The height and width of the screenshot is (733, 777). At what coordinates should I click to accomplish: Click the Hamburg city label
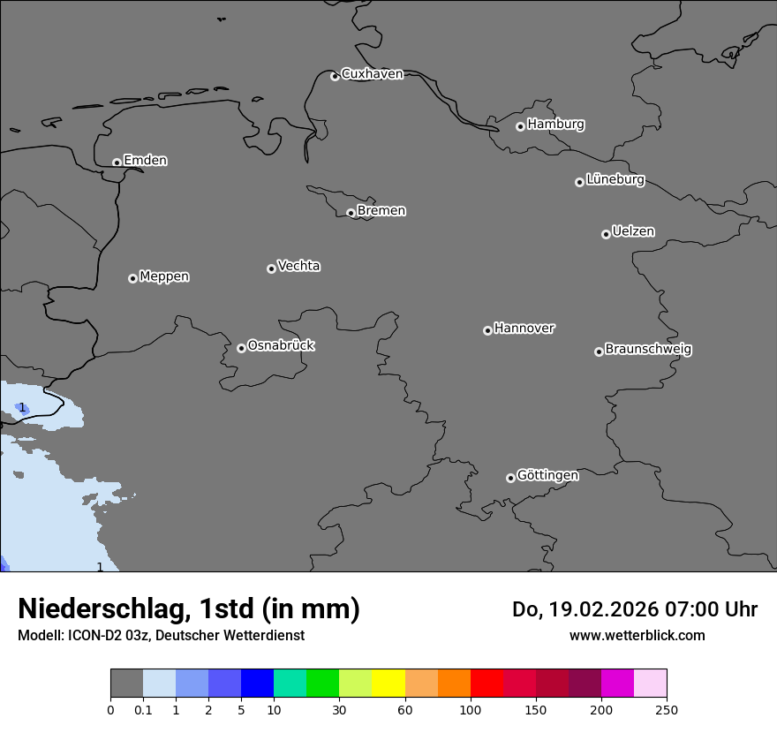555,125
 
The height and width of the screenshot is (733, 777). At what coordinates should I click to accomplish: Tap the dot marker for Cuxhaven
335,76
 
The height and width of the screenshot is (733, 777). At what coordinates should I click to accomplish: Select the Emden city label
145,161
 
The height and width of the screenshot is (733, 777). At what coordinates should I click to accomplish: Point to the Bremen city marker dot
351,213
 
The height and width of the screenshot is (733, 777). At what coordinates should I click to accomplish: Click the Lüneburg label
615,180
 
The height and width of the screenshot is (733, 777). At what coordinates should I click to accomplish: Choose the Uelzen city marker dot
606,234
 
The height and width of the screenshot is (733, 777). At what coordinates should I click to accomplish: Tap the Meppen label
164,276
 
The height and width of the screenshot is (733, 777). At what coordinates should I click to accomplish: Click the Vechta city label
298,266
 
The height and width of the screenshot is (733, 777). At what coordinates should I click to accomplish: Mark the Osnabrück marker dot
241,348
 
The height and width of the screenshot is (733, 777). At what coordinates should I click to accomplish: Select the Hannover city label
524,329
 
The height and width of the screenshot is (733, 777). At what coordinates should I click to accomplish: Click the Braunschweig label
648,350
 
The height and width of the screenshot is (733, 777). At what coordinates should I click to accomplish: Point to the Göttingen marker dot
510,478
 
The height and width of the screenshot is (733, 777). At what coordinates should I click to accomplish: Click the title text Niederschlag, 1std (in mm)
189,608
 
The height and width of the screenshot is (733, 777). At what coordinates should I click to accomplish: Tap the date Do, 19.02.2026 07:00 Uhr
634,609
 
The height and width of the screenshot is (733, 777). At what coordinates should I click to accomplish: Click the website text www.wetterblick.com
637,636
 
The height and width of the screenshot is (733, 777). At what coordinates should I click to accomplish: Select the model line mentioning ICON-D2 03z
161,636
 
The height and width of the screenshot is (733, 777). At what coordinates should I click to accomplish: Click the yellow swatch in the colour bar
388,684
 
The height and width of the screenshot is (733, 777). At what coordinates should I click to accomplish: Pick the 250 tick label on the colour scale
666,709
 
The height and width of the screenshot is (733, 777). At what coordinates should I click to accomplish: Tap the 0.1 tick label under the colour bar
143,709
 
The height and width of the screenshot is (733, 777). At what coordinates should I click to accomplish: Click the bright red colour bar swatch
487,684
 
